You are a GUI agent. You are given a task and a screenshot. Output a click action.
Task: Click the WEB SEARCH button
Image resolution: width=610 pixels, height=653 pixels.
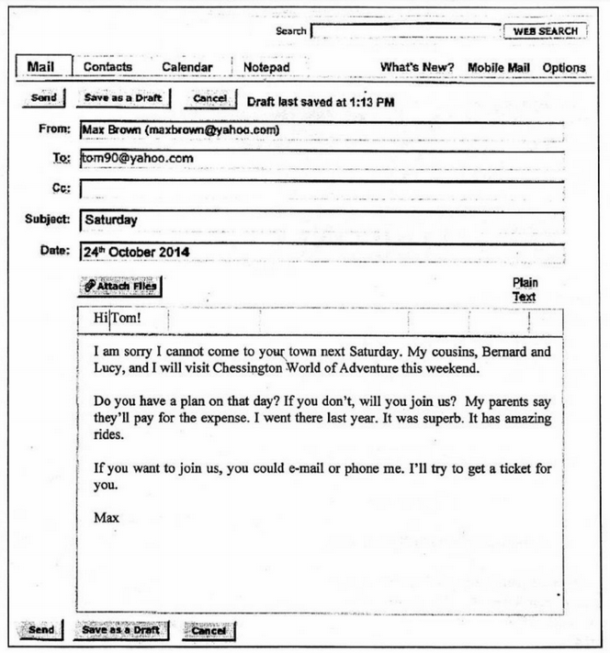coord(545,31)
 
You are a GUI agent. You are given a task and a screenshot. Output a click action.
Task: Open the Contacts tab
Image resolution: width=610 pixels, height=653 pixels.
coord(107,67)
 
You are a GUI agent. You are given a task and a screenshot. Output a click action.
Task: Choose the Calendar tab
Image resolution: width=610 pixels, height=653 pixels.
coord(187,67)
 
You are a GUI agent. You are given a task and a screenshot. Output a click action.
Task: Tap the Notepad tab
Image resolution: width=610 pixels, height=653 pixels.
coord(266,67)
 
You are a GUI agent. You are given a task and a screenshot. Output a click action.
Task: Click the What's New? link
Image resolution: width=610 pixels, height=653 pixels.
coord(417,67)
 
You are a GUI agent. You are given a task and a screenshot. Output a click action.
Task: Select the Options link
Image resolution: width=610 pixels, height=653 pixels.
coord(563,67)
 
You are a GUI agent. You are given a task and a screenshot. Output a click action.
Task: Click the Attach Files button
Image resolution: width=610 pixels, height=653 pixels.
coord(120,287)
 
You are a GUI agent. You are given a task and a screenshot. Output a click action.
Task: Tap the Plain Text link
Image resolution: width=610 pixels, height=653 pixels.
coord(525,290)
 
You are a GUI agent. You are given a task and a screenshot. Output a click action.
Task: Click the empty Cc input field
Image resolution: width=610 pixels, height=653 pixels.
coord(322,189)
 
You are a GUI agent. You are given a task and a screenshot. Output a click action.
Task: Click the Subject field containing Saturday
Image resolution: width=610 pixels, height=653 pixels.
coord(322,220)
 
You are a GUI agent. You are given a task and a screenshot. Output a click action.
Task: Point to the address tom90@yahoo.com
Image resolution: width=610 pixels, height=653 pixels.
coord(137,158)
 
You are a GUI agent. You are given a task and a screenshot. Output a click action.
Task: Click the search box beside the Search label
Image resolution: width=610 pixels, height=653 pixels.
coord(405,32)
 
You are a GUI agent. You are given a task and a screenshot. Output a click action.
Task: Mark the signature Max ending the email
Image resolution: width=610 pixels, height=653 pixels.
coord(107,518)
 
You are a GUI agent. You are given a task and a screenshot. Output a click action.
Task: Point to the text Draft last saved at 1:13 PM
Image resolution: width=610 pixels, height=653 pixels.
coord(320,100)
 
